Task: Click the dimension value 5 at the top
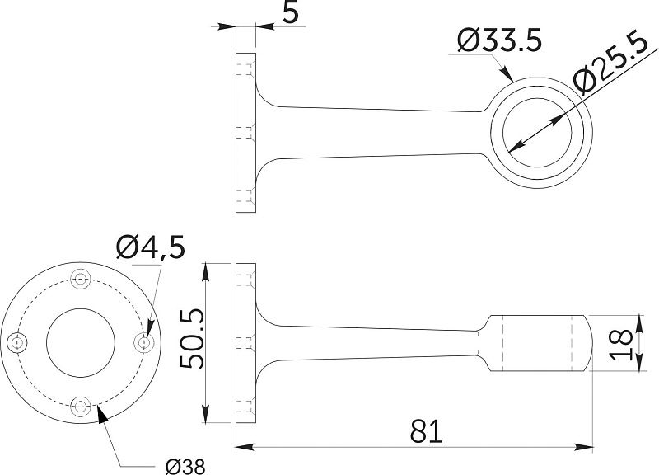(265, 15)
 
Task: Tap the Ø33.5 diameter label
(498, 40)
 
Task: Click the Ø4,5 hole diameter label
(151, 246)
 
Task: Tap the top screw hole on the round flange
(81, 279)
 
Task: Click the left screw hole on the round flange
(17, 341)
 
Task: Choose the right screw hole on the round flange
(144, 341)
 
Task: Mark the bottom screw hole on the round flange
(81, 405)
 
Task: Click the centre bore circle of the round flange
(81, 341)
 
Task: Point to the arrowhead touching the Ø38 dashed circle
(102, 412)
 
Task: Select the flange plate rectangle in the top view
(245, 134)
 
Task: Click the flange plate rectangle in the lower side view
(245, 342)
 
